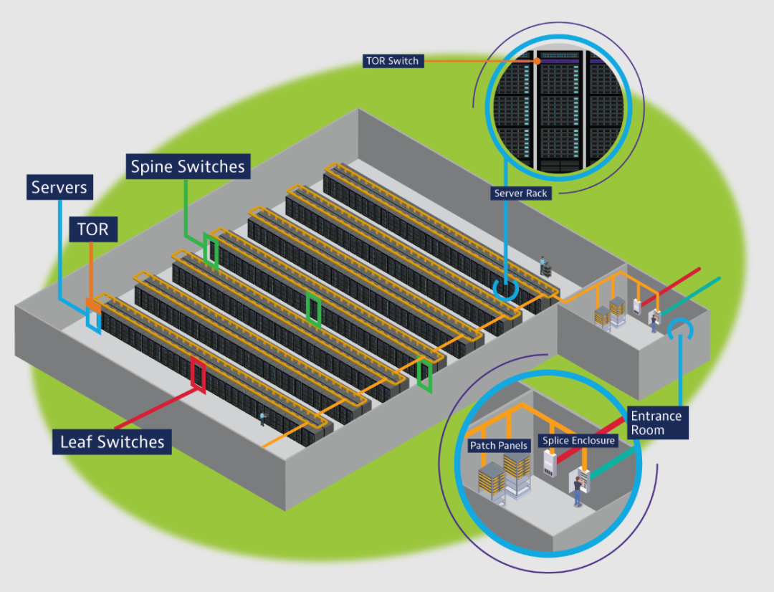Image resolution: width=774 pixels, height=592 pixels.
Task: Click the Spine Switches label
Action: pyautogui.click(x=188, y=167)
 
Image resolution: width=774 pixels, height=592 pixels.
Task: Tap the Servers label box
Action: pyautogui.click(x=59, y=187)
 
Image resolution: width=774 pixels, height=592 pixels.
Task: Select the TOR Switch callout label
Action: pyautogui.click(x=393, y=61)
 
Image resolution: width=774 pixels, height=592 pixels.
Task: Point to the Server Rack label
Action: pyautogui.click(x=521, y=193)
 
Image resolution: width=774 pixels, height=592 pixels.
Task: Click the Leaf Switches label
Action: pyautogui.click(x=112, y=441)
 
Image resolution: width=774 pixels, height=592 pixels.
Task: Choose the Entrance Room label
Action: pyautogui.click(x=657, y=423)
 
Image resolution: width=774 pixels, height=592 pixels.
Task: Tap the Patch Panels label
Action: pyautogui.click(x=499, y=446)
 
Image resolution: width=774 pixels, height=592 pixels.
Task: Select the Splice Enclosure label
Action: pyautogui.click(x=578, y=441)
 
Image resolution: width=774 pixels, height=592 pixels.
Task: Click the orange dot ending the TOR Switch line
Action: pyautogui.click(x=537, y=61)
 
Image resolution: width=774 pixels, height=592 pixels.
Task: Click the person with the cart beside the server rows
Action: pyautogui.click(x=545, y=267)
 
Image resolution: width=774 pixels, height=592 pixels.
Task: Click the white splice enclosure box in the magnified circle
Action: pyautogui.click(x=550, y=462)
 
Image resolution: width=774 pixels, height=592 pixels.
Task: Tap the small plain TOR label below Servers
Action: pyautogui.click(x=93, y=229)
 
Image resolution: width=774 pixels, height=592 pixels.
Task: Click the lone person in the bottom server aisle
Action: pyautogui.click(x=262, y=419)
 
